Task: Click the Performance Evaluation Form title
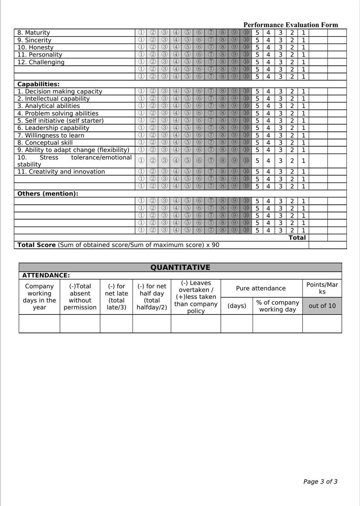[291, 25]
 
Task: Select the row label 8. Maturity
[34, 33]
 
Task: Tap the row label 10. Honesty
[35, 47]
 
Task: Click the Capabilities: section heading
[39, 84]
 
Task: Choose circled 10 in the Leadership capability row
[246, 128]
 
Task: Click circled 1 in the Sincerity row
[141, 40]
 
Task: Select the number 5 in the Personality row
[257, 55]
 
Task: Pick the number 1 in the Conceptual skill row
[303, 143]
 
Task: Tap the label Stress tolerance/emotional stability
[74, 161]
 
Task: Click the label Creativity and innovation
[61, 172]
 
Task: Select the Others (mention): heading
[48, 194]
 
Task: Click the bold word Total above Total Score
[297, 238]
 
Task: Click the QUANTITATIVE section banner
[180, 267]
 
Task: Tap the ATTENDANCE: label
[46, 275]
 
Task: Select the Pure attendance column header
[261, 288]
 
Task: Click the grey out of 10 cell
[322, 306]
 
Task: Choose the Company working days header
[39, 297]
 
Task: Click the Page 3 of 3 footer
[320, 482]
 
